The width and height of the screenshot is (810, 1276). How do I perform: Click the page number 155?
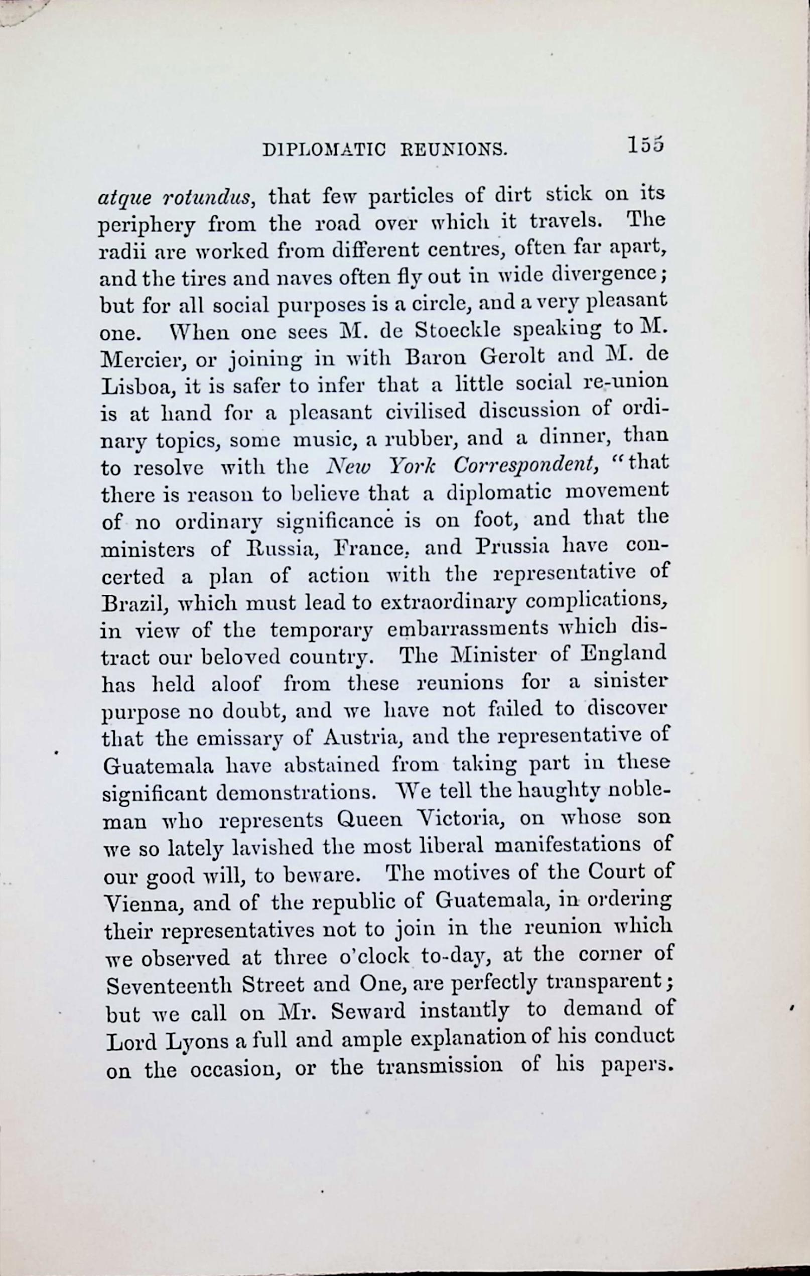click(645, 145)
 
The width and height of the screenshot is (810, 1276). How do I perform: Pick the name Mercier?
click(143, 362)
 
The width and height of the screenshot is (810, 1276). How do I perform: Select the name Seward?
click(368, 1012)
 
